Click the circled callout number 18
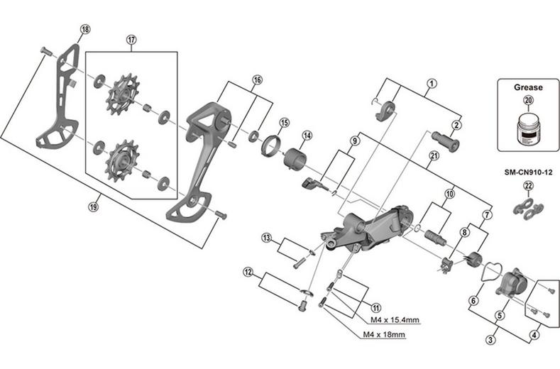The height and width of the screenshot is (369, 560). [85, 29]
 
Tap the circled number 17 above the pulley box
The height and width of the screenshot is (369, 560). [131, 40]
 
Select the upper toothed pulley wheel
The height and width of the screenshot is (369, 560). [122, 94]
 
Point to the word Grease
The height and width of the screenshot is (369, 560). [528, 87]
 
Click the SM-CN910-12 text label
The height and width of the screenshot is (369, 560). [528, 172]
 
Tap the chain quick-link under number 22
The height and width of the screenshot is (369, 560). [528, 207]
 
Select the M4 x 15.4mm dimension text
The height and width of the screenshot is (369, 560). [395, 320]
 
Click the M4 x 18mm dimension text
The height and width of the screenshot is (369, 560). [384, 335]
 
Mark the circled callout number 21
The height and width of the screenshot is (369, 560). [434, 156]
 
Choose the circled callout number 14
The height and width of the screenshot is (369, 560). [307, 136]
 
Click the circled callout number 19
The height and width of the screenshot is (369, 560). [93, 206]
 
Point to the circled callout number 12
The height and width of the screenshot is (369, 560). [248, 273]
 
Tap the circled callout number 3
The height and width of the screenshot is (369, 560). [490, 339]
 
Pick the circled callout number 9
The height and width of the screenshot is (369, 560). [354, 141]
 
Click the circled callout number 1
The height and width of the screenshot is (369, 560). [432, 84]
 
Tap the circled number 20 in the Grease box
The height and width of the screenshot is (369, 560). [528, 100]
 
